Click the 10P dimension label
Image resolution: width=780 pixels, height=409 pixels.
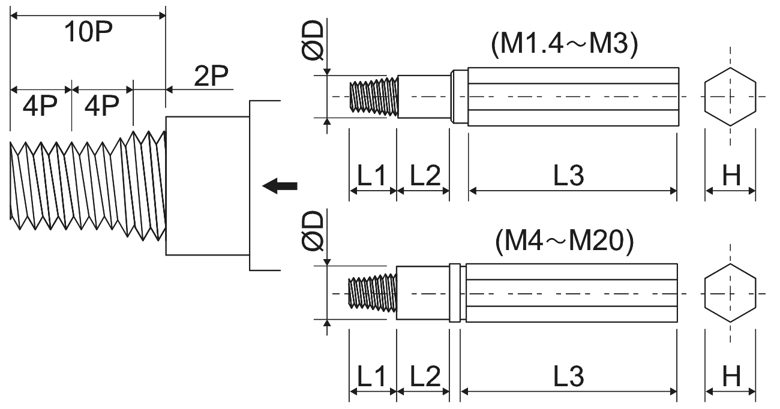click(88, 32)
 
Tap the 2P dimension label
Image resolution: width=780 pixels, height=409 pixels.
click(211, 76)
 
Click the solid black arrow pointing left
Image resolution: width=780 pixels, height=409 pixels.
click(280, 186)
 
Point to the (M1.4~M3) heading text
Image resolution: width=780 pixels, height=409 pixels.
click(565, 44)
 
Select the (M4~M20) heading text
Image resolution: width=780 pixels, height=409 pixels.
click(565, 241)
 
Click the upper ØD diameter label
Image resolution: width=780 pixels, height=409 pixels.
click(313, 40)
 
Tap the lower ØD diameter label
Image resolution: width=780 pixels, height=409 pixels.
click(313, 230)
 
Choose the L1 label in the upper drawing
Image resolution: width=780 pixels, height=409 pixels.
click(371, 175)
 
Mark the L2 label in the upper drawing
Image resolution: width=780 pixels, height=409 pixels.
click(425, 175)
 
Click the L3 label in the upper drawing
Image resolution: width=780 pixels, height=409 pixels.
click(569, 175)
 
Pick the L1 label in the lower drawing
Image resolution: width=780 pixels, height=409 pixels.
click(371, 376)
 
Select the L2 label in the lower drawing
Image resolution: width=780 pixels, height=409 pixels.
click(425, 376)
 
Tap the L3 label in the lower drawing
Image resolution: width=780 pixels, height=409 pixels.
click(569, 376)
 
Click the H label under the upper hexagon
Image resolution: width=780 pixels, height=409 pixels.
click(731, 175)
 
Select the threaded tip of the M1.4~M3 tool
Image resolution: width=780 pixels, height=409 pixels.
click(374, 97)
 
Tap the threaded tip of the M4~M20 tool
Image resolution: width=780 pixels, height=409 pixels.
click(372, 293)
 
